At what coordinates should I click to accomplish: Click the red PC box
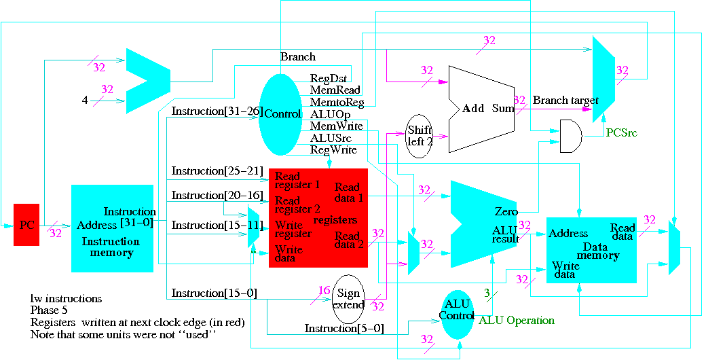tap(26, 224)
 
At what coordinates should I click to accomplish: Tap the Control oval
tap(280, 114)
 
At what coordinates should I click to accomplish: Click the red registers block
tap(318, 217)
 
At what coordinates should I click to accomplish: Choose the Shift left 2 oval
tap(420, 136)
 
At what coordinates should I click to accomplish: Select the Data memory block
tap(591, 249)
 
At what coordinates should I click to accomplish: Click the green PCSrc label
tap(621, 133)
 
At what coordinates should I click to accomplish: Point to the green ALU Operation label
tap(517, 321)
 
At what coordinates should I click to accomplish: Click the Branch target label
tap(565, 101)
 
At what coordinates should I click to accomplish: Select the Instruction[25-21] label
tap(217, 170)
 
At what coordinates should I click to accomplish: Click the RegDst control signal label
tap(329, 78)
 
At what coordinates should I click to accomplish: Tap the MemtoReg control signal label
tap(337, 103)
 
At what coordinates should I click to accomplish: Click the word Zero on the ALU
tap(506, 212)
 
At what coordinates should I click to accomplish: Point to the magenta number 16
tap(324, 291)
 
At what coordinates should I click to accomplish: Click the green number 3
tap(486, 293)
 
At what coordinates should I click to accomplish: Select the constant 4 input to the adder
tap(85, 101)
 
